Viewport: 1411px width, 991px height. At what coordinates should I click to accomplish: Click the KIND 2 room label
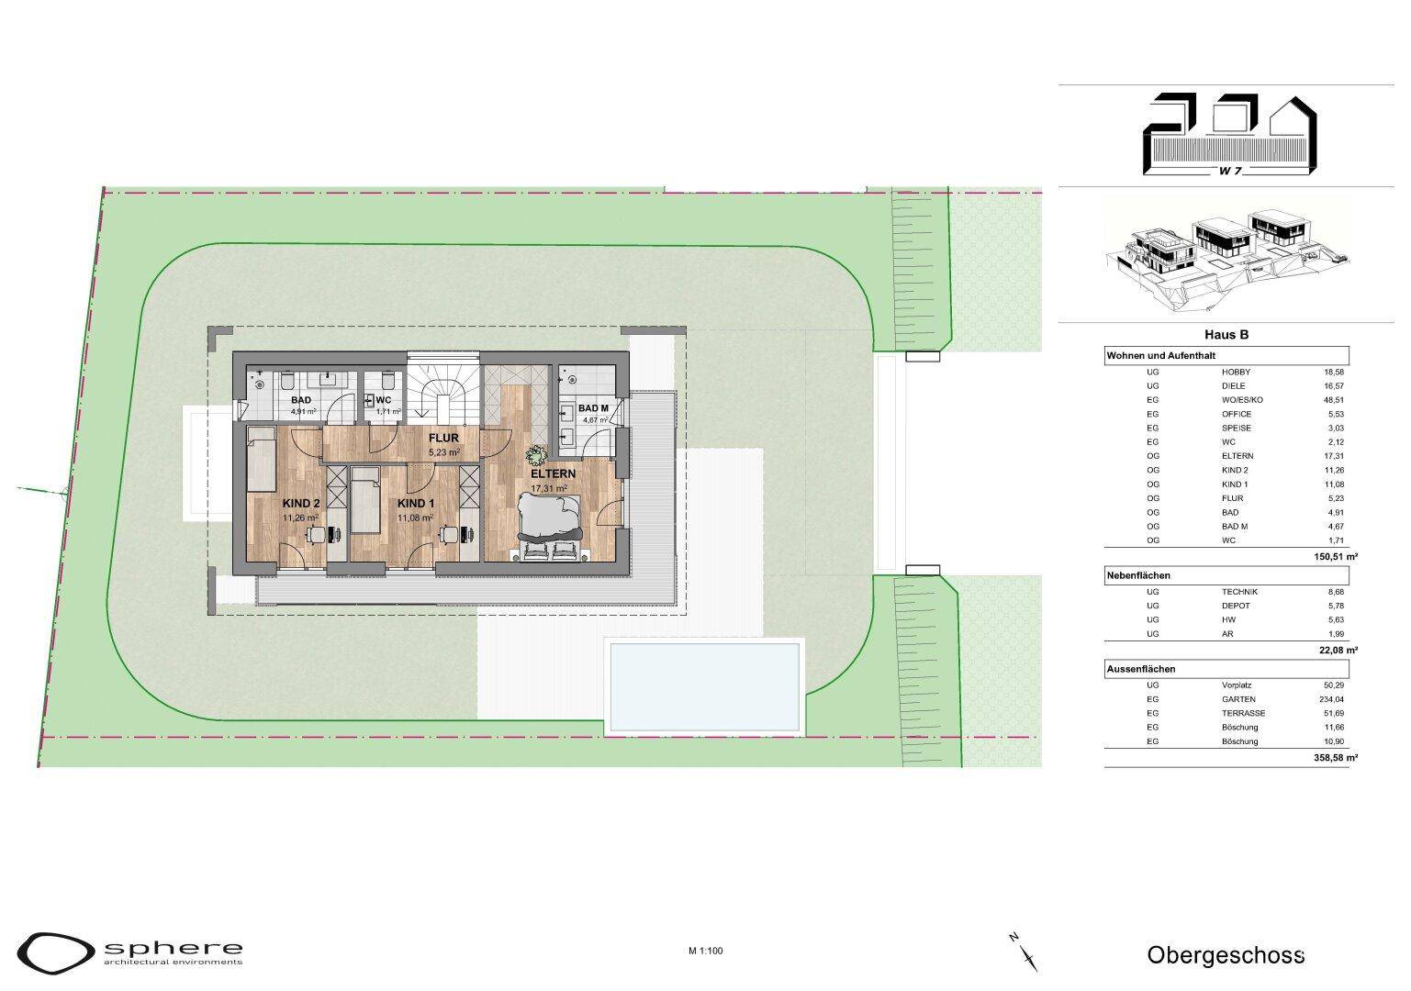pos(301,503)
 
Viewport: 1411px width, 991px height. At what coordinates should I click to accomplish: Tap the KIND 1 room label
pos(415,503)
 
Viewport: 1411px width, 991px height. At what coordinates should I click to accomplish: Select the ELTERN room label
pos(553,473)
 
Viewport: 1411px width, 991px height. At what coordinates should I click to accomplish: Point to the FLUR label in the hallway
pos(443,439)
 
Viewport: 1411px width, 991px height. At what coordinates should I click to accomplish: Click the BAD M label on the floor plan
pos(593,408)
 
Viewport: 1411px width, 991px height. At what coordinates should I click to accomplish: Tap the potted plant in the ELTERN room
pos(537,453)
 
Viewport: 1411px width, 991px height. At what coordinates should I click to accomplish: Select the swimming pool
pos(704,685)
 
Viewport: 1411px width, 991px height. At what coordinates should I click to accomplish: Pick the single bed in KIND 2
pos(261,459)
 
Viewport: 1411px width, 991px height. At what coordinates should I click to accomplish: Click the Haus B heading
pos(1226,335)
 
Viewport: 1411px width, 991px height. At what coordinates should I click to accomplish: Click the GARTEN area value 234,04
pos(1334,699)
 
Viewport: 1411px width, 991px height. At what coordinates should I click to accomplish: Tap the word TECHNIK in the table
pos(1239,592)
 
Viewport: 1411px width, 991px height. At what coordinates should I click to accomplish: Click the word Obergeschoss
pos(1226,955)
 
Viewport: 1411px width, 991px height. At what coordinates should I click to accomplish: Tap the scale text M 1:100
pos(705,951)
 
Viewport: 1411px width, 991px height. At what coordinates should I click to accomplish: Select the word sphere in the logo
pos(174,948)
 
